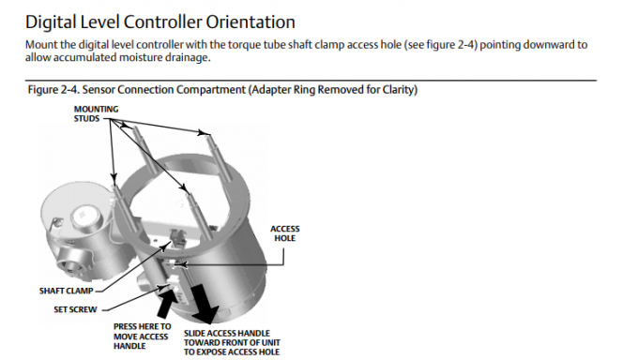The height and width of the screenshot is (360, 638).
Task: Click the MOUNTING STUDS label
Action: click(x=96, y=113)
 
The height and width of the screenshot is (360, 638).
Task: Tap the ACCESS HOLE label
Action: click(x=285, y=233)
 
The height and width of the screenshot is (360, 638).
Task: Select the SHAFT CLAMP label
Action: click(x=67, y=291)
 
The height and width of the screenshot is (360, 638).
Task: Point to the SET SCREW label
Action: click(x=75, y=309)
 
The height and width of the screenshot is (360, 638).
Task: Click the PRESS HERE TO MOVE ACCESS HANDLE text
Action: click(x=142, y=337)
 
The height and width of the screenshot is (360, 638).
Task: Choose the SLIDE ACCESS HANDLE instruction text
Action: click(x=232, y=342)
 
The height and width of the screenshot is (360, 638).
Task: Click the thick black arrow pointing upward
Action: click(x=167, y=301)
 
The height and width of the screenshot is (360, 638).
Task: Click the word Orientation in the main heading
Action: click(x=251, y=22)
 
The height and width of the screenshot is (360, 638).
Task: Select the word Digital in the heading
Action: click(x=51, y=22)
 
